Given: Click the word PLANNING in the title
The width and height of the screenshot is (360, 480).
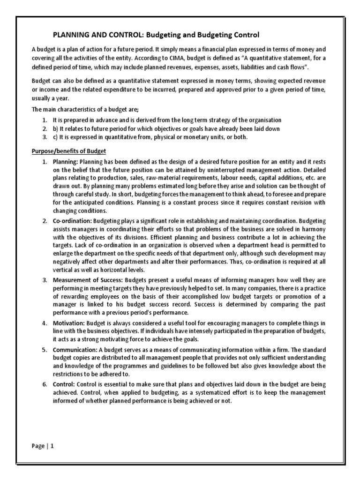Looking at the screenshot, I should tap(69, 35).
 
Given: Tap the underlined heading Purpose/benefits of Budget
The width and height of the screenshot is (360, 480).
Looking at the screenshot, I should tap(69, 151).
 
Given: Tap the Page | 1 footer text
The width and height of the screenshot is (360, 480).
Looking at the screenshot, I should tap(43, 447).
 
